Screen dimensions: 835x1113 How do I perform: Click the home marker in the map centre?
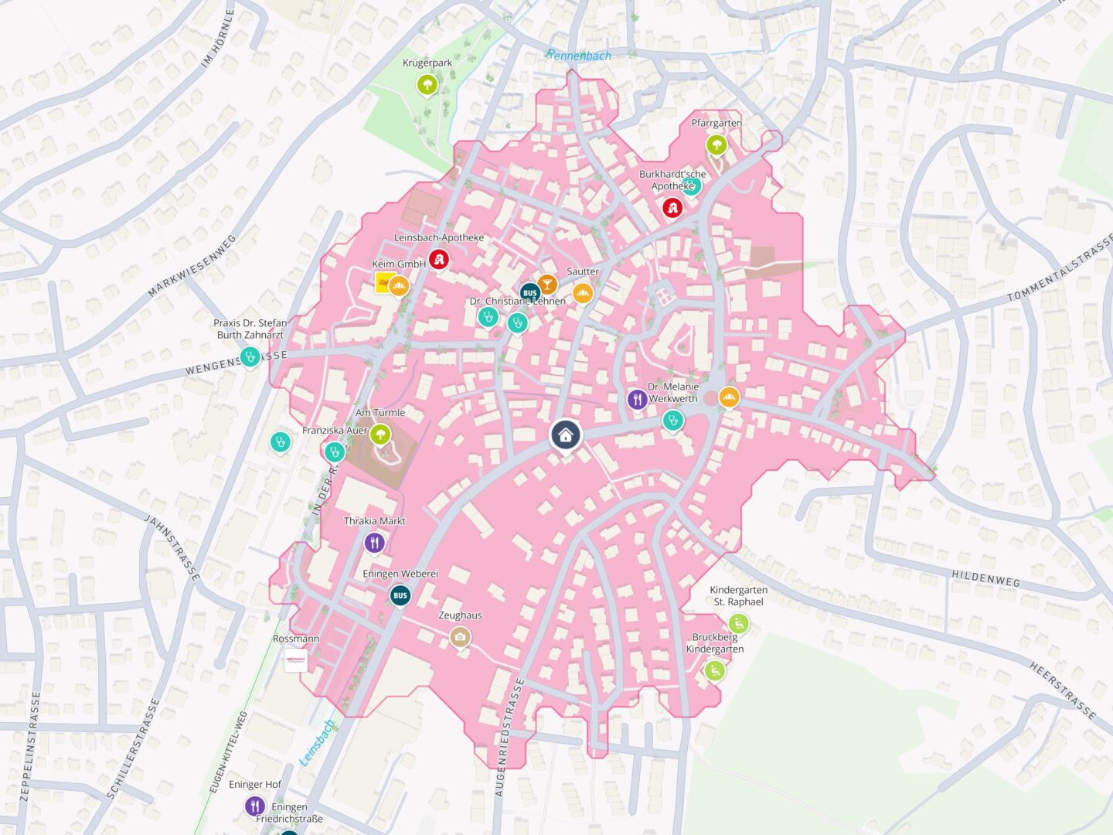point(566,435)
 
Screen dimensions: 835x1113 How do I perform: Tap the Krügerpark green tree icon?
point(427,83)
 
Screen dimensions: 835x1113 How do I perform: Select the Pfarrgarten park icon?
point(716,144)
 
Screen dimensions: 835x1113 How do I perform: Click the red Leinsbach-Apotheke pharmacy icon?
point(440,259)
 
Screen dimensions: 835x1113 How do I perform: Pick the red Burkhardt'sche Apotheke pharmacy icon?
point(672,207)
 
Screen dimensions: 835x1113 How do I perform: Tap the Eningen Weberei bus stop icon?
point(400,595)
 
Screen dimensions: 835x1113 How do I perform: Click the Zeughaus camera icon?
point(460,636)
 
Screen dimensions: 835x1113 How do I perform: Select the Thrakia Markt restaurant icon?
point(374,542)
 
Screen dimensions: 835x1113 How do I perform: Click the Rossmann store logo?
point(296,659)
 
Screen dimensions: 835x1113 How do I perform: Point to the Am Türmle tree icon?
point(380,434)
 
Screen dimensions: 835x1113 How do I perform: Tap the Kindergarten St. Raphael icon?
point(738,623)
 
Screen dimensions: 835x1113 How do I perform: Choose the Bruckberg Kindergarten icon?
point(714,670)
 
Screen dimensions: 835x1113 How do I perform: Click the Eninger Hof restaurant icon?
point(255,806)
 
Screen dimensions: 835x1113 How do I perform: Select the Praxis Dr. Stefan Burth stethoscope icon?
point(249,356)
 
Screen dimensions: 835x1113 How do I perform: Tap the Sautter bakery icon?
point(583,292)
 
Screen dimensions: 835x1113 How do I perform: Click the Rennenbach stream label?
point(579,56)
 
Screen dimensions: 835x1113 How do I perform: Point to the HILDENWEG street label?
point(985,578)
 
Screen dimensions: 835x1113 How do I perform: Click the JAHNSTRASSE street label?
point(172,547)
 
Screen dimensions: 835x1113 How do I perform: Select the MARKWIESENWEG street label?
point(192,265)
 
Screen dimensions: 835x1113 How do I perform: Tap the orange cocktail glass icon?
point(547,284)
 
